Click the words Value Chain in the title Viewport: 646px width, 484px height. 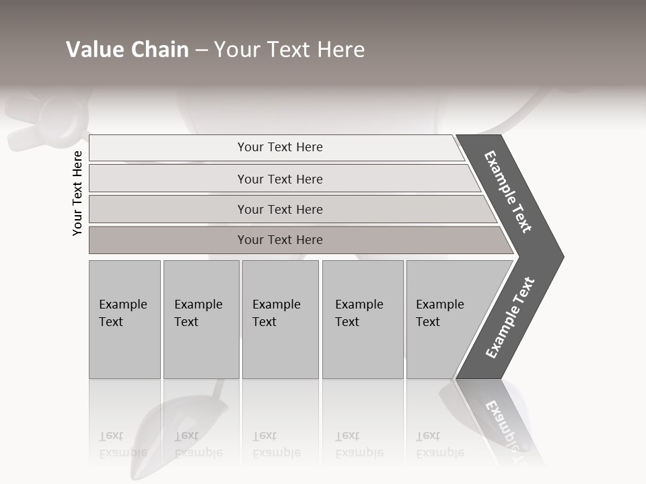(127, 50)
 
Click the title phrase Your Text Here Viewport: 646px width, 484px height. (289, 50)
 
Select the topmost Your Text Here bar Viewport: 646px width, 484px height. (280, 147)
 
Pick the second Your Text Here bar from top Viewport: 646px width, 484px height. (280, 179)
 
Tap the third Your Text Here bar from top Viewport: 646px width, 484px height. (280, 209)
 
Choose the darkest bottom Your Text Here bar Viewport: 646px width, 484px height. (280, 240)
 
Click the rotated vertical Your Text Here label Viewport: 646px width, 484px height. (77, 193)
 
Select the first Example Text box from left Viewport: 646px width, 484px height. (124, 319)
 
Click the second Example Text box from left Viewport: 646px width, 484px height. (201, 319)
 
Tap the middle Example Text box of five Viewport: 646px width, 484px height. (280, 319)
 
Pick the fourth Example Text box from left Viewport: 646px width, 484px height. (363, 319)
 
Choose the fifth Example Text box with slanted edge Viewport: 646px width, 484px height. (444, 319)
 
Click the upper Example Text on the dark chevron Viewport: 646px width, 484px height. (508, 192)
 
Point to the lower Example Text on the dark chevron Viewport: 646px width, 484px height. (510, 318)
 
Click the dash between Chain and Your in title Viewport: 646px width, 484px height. (201, 50)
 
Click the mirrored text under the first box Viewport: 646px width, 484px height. (122, 444)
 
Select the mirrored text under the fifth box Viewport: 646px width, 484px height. (440, 444)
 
